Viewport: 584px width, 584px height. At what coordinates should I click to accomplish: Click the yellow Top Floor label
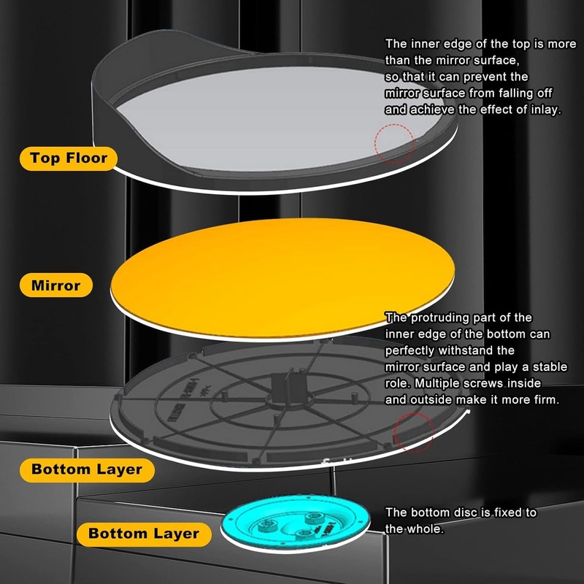tap(69, 157)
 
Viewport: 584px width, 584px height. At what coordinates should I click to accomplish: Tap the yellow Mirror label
tap(55, 285)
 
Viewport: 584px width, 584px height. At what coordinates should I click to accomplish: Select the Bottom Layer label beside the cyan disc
tap(144, 534)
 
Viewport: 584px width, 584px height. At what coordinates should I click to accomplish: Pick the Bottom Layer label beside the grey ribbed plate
tap(86, 469)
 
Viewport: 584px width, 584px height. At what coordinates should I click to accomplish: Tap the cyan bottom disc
tap(295, 523)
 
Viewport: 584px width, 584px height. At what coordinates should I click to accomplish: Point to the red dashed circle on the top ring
tap(393, 142)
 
